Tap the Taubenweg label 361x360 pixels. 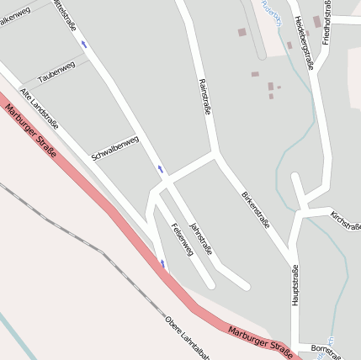coord(56,70)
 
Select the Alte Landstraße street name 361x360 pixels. coord(40,109)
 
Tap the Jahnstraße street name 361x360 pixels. coord(202,238)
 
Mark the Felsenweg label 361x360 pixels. coord(182,239)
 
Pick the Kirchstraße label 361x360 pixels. coord(345,220)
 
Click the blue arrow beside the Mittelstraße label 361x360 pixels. coord(84,44)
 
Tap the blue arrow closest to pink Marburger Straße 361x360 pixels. coord(163,265)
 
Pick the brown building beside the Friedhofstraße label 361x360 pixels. coord(317,21)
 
